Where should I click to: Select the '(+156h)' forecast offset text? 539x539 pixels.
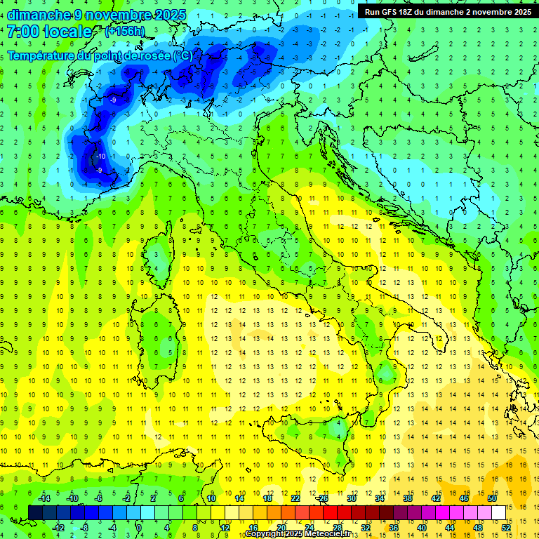[x=124, y=32]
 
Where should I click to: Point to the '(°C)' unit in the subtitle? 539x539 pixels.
[x=182, y=55]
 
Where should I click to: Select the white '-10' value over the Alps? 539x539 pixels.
[x=101, y=157]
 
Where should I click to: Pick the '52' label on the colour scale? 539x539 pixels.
[x=506, y=528]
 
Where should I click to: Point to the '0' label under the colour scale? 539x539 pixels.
[x=139, y=528]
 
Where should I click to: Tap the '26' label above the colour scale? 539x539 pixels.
[x=323, y=498]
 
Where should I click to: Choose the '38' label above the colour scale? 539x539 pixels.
[x=408, y=498]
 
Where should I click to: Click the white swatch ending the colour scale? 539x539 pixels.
[x=499, y=512]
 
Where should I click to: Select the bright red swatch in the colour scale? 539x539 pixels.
[x=330, y=512]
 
